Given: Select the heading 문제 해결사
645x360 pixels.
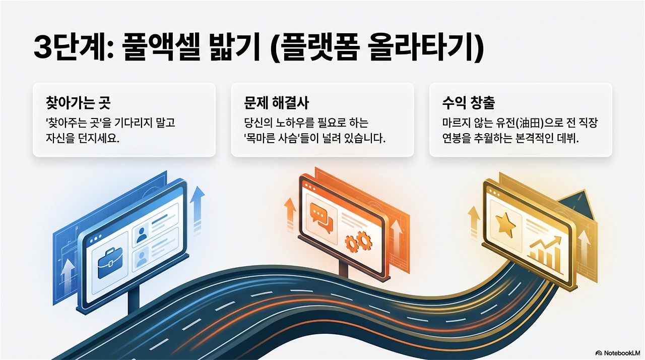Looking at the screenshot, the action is coord(276,103).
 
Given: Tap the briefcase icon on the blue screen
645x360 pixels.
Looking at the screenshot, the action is coord(109,264).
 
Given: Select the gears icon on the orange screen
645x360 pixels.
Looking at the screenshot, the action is coord(358,243).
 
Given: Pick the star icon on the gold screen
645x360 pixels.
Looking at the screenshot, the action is coord(505,224).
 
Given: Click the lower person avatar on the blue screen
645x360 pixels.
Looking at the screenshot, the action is coord(142,260).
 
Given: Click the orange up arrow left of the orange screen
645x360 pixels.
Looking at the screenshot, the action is coord(290,212).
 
